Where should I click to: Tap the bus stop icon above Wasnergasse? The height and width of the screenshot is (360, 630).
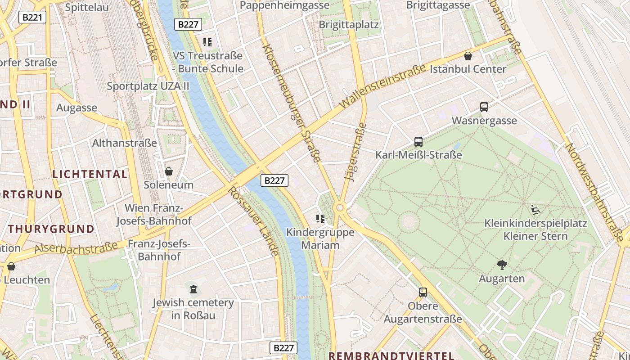484,107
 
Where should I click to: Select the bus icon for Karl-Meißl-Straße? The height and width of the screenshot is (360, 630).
418,142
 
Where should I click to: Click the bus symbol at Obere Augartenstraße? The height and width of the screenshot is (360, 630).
423,292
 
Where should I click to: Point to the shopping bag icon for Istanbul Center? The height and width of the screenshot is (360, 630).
468,56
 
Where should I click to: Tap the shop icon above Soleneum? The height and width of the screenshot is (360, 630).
169,171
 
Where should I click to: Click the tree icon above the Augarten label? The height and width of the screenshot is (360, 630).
502,265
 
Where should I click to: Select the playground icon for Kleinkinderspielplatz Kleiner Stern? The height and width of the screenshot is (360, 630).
535,210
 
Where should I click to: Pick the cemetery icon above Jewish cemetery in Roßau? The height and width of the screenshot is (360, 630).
193,289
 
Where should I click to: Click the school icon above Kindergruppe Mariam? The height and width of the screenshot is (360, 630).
320,219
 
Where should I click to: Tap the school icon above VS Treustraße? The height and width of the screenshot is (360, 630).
207,42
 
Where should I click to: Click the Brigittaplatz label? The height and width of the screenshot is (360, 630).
349,24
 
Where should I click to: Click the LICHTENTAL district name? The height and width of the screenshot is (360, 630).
90,174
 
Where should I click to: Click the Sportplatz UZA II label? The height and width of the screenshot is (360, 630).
148,86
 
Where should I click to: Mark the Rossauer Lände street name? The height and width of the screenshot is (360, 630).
253,221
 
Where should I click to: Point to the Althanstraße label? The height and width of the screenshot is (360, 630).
125,143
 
